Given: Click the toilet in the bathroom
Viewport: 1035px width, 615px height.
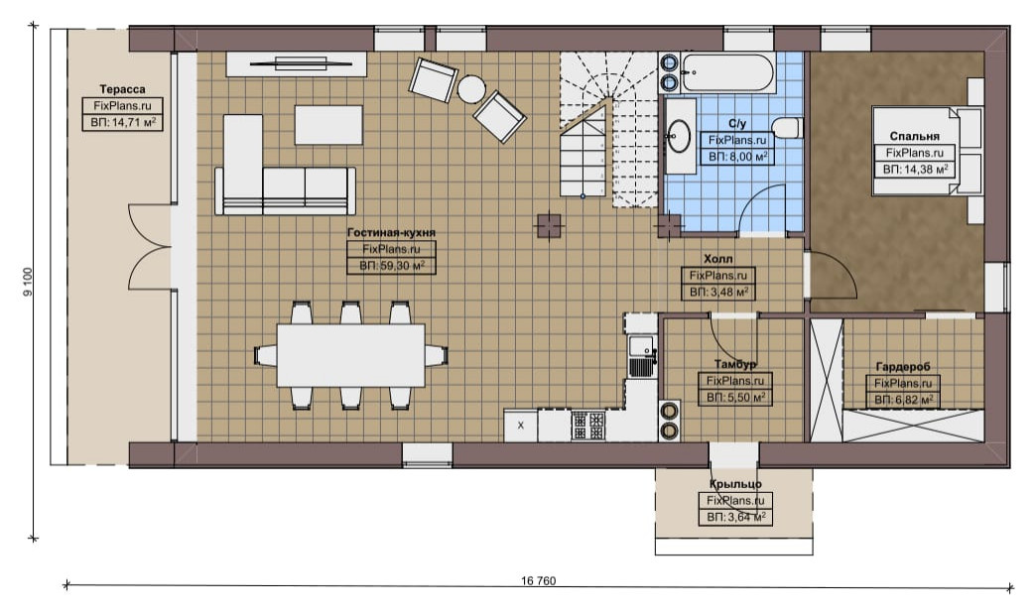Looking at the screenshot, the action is pyautogui.click(x=787, y=128).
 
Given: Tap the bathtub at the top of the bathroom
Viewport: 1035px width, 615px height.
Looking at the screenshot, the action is pyautogui.click(x=728, y=72).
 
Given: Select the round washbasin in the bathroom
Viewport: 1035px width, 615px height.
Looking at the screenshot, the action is pyautogui.click(x=678, y=136).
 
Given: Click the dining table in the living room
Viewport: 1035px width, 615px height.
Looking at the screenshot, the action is pyautogui.click(x=350, y=355).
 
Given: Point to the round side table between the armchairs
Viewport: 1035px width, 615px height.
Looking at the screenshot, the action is pyautogui.click(x=472, y=89).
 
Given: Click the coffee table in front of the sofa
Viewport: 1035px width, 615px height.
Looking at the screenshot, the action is pyautogui.click(x=328, y=125).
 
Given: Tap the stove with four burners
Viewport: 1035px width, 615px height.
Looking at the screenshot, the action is pyautogui.click(x=588, y=425).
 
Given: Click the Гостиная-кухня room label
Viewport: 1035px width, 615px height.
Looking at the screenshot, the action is pyautogui.click(x=391, y=232).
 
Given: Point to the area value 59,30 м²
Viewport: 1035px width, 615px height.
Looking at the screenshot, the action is pyautogui.click(x=392, y=266).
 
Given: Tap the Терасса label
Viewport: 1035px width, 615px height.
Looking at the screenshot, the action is pyautogui.click(x=123, y=89).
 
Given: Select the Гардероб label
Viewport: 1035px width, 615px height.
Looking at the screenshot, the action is pyautogui.click(x=903, y=366).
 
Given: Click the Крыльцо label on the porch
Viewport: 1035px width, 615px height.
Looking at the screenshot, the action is pyautogui.click(x=735, y=484).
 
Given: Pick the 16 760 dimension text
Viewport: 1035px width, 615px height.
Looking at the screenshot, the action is pyautogui.click(x=538, y=581).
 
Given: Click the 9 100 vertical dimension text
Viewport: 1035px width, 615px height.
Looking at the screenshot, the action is pyautogui.click(x=27, y=282).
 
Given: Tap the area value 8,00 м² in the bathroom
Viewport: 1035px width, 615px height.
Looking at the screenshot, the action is pyautogui.click(x=737, y=157).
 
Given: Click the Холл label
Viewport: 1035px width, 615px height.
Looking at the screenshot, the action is pyautogui.click(x=718, y=259).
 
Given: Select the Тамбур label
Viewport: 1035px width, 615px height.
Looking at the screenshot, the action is pyautogui.click(x=735, y=364).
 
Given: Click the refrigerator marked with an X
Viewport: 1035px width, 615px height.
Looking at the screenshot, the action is pyautogui.click(x=521, y=426).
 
